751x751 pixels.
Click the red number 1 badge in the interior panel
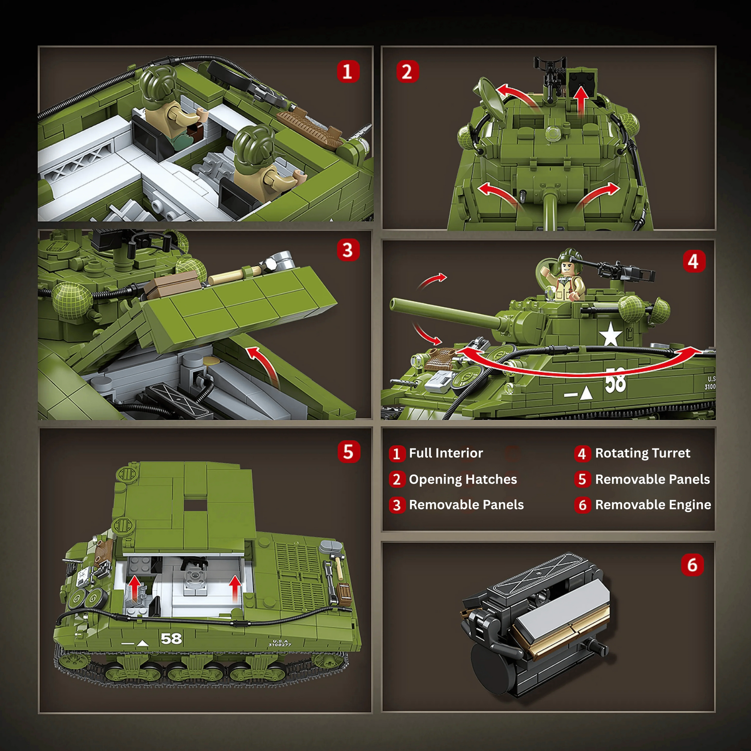(x=348, y=71)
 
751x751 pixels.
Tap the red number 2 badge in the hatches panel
(x=408, y=71)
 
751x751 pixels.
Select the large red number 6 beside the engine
(x=692, y=565)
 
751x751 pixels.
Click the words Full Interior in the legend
(x=446, y=453)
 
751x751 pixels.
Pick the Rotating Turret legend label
(x=643, y=453)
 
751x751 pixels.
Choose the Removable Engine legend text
(x=653, y=504)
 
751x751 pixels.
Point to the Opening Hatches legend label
(x=463, y=479)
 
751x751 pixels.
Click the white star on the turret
(x=610, y=334)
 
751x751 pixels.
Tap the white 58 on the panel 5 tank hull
(x=171, y=638)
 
